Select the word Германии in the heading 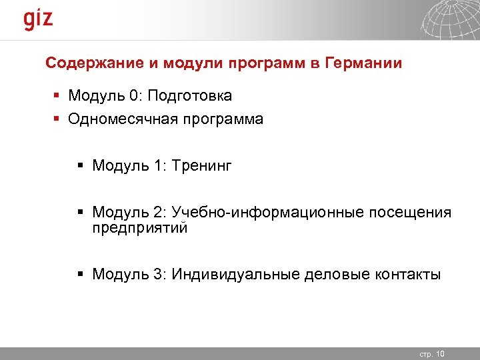click(x=364, y=64)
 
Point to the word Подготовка click(x=190, y=97)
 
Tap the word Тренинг click(x=201, y=165)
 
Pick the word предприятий click(x=140, y=228)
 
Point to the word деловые click(x=331, y=274)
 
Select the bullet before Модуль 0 click(x=57, y=97)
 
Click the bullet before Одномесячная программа click(x=57, y=120)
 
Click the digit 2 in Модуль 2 click(x=157, y=213)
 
